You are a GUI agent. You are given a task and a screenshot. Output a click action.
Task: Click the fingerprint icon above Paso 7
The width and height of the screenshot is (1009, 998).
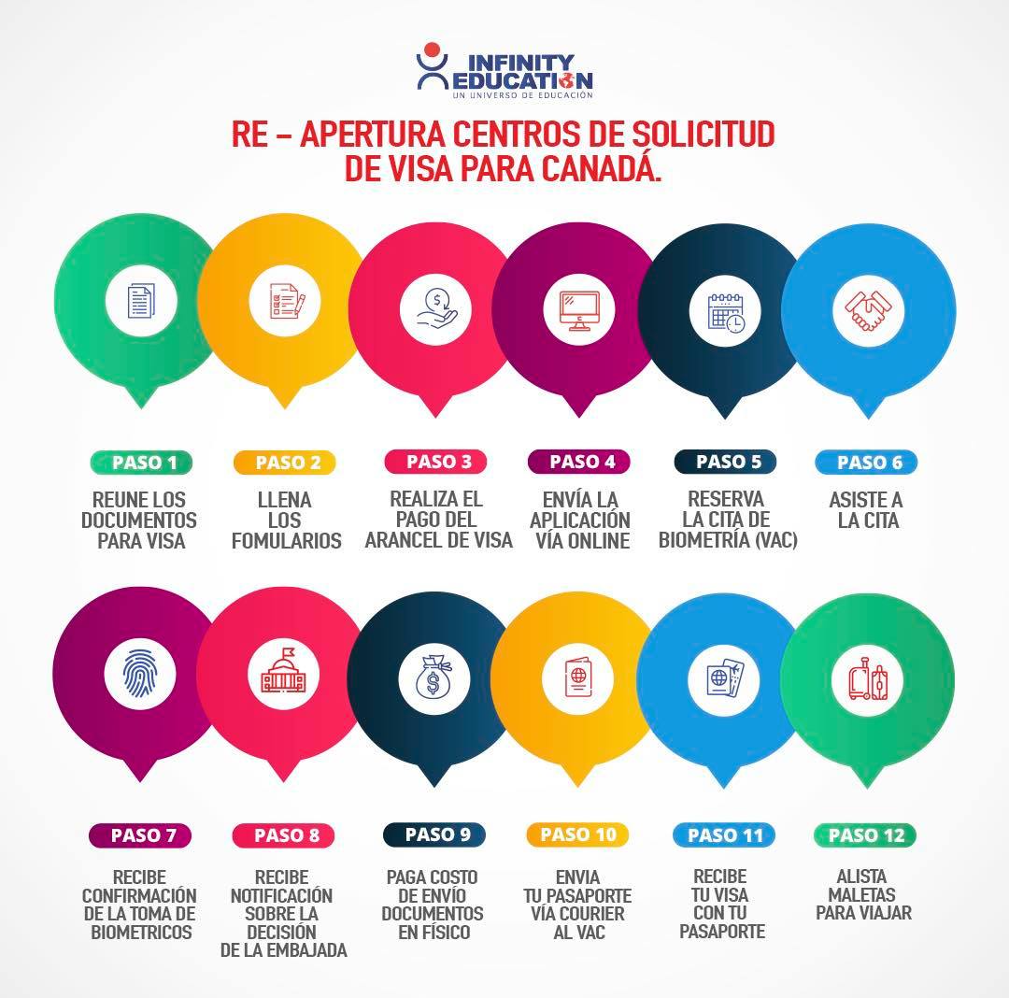click(139, 674)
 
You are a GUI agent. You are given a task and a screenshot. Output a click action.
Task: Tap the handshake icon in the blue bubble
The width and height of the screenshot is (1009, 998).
click(868, 310)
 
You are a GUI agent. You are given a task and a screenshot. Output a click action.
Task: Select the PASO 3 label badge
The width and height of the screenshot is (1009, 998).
click(435, 462)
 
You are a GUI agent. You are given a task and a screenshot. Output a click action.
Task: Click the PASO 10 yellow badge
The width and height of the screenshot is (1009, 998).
click(577, 834)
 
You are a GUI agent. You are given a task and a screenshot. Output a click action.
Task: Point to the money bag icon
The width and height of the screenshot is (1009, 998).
click(433, 677)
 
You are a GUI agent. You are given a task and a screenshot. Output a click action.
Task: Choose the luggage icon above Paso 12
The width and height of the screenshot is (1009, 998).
click(867, 679)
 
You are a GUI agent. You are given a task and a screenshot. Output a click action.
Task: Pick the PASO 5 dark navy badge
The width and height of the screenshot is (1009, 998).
click(725, 462)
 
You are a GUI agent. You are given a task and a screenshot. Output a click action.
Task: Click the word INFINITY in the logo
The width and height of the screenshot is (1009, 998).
click(520, 63)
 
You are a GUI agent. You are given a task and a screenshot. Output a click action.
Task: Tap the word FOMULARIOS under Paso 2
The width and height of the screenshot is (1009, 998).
click(287, 541)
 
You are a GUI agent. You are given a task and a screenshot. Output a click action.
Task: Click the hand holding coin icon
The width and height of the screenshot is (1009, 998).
click(436, 309)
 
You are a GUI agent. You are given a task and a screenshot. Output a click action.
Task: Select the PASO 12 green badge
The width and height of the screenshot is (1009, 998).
click(865, 835)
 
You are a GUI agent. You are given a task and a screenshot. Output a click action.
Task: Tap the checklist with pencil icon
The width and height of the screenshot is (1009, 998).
click(287, 300)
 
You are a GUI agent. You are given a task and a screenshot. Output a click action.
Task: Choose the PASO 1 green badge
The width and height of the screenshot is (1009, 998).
click(142, 463)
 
